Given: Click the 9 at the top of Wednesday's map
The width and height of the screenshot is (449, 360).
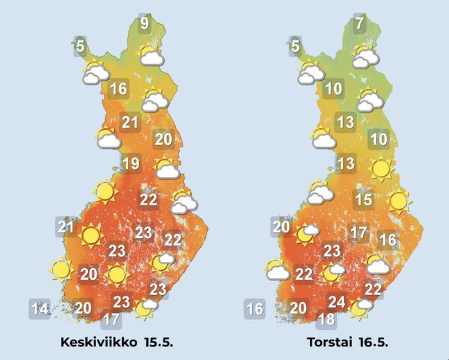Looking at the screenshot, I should [x=145, y=25].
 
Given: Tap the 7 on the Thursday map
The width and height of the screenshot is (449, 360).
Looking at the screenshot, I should [x=360, y=25].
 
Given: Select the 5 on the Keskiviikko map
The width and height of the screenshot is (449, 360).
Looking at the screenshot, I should [x=80, y=46].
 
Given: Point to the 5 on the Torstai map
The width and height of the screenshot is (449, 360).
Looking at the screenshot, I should [x=295, y=46].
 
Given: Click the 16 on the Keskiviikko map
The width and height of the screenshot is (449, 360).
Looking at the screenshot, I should [x=119, y=89].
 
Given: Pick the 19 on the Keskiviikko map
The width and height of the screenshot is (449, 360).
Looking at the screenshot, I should [x=131, y=164].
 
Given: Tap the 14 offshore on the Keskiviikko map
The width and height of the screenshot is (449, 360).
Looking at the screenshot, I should [x=40, y=309].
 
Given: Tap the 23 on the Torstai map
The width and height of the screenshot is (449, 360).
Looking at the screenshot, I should [x=332, y=251].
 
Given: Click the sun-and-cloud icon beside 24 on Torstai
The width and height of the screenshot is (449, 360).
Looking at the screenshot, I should [x=360, y=309].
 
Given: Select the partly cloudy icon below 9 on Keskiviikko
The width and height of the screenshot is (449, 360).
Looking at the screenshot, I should [x=149, y=55].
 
